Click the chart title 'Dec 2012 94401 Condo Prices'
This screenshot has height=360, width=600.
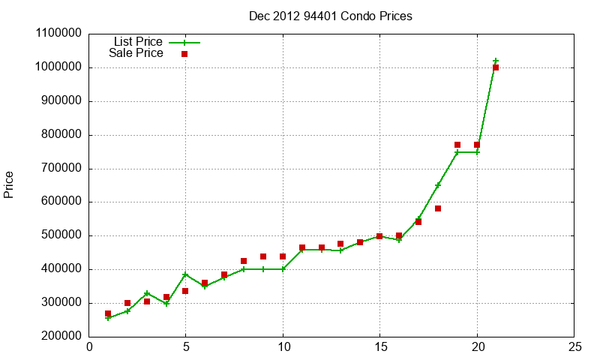point(330,16)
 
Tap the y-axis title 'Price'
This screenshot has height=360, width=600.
point(9,184)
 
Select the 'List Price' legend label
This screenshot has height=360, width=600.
point(138,42)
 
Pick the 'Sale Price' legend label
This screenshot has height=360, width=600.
point(136,53)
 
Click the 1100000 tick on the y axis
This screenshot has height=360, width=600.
point(58,34)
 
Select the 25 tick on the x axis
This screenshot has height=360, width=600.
point(574,347)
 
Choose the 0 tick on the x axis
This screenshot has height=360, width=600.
point(90,347)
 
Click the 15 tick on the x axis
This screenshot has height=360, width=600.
point(380,347)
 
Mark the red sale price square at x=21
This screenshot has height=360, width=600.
point(496,67)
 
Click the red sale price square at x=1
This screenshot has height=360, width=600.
point(108,313)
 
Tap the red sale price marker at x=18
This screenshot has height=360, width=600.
point(438,208)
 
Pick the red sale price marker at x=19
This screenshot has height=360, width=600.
point(457,145)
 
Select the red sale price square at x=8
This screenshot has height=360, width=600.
point(244,261)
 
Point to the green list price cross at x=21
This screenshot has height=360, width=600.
point(496,61)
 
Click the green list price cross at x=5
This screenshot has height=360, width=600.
point(185,274)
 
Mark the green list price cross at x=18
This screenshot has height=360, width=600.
point(438,185)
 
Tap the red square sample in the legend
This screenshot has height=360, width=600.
point(184,54)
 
